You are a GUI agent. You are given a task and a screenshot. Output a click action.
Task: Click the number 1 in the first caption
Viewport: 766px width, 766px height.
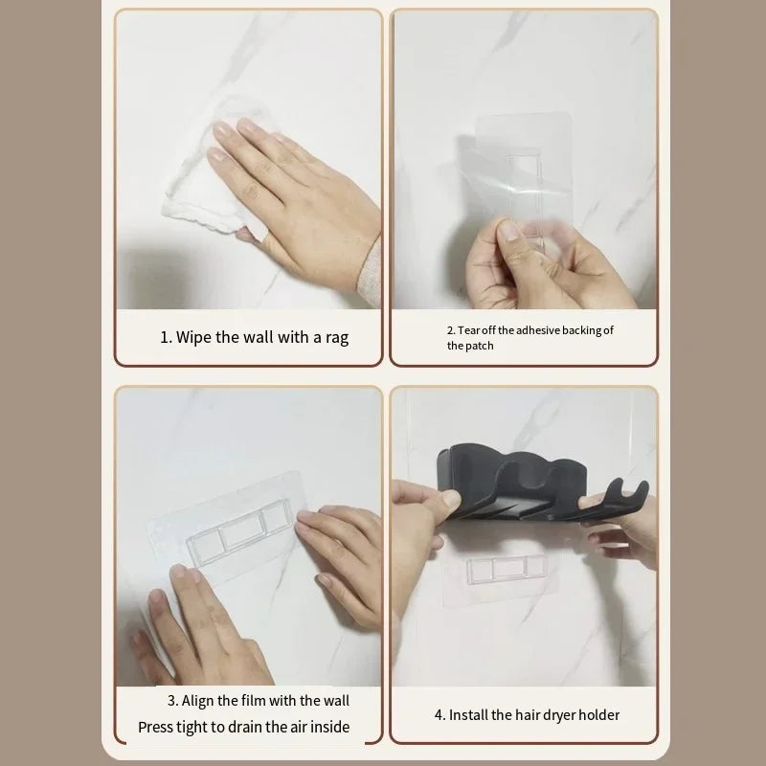(x=164, y=337)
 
